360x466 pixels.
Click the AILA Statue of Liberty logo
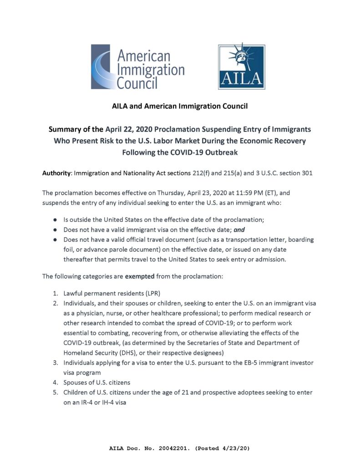tap(241, 67)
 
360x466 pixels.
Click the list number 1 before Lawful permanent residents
tap(54, 293)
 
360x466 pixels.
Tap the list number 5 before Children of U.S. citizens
tap(54, 392)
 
